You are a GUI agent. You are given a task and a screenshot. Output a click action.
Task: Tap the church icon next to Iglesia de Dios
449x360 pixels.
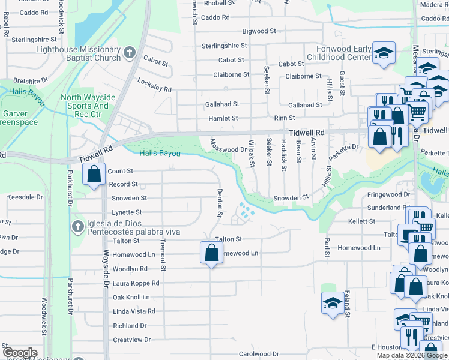click(x=77, y=227)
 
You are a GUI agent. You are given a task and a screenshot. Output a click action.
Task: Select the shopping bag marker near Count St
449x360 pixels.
click(x=94, y=175)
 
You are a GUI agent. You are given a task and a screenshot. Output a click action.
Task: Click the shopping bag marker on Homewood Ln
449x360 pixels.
click(x=211, y=253)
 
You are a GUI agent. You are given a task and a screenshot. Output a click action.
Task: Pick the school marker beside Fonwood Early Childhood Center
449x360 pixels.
click(x=382, y=53)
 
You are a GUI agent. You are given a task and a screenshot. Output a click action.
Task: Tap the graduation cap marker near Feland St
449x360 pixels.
click(x=332, y=302)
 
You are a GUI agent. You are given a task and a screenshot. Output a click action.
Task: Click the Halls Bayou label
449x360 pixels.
click(x=160, y=154)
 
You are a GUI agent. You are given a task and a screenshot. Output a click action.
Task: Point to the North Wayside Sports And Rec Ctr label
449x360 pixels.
click(x=85, y=106)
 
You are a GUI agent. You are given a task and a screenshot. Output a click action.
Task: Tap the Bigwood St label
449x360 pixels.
click(x=259, y=31)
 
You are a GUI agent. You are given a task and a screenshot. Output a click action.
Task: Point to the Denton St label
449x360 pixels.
click(x=220, y=203)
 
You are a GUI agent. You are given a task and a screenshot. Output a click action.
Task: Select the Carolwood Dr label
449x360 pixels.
click(x=259, y=354)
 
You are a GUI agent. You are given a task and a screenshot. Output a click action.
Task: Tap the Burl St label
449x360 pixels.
click(x=327, y=247)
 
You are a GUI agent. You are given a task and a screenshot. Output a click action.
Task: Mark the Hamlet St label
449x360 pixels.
click(x=223, y=119)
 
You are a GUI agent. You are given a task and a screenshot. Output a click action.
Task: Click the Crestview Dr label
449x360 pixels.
click(x=131, y=340)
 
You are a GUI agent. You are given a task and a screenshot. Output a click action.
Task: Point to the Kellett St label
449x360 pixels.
click(x=361, y=221)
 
